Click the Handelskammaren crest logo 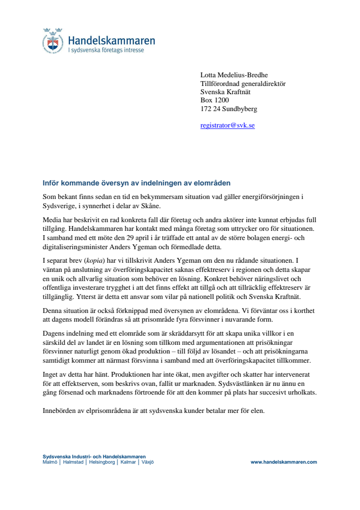(53, 40)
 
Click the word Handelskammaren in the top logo (111, 41)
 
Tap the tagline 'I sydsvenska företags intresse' (106, 50)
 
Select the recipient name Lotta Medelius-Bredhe (234, 75)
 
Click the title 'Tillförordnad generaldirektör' (243, 84)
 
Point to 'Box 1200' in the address (215, 100)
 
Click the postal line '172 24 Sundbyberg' (229, 109)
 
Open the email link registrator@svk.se (227, 126)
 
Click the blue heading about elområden (137, 183)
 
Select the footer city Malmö (50, 462)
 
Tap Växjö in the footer (147, 462)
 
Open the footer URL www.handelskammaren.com (283, 462)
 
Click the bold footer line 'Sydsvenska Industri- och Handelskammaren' (94, 457)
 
